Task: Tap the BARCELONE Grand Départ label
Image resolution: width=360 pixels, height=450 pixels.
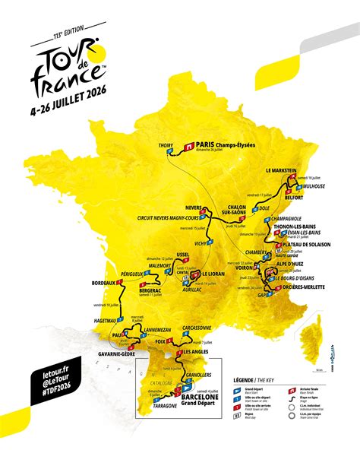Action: click(x=201, y=400)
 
